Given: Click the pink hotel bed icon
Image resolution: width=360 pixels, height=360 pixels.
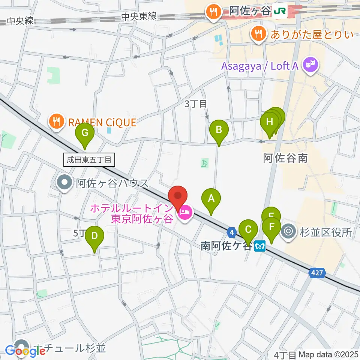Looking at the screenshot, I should click(x=184, y=213).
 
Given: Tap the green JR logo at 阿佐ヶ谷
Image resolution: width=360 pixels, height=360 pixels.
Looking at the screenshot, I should click(x=280, y=12).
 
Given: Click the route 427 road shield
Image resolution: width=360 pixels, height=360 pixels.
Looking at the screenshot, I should click(x=316, y=274).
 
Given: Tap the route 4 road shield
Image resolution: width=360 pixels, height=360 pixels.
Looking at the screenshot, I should click(x=232, y=233).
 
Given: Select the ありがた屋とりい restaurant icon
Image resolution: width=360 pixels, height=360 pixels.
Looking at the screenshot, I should click(x=258, y=35).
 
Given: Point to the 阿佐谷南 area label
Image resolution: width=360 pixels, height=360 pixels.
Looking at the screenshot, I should click(x=286, y=158).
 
